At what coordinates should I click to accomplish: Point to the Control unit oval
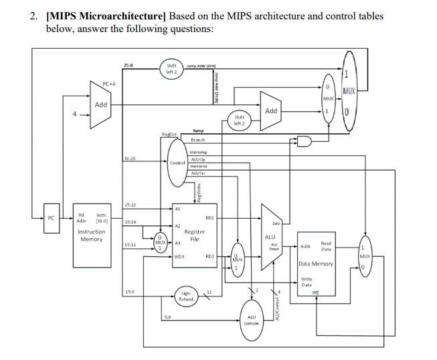pyautogui.click(x=177, y=163)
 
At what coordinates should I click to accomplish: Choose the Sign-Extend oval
pyautogui.click(x=187, y=295)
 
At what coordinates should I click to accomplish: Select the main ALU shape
pyautogui.click(x=271, y=237)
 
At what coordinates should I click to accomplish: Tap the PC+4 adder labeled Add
pyautogui.click(x=101, y=105)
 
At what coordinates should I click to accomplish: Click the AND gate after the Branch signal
pyautogui.click(x=304, y=141)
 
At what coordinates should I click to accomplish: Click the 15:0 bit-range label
pyautogui.click(x=130, y=290)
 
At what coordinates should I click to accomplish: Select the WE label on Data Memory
pyautogui.click(x=315, y=292)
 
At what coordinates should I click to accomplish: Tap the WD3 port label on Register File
pyautogui.click(x=179, y=256)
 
